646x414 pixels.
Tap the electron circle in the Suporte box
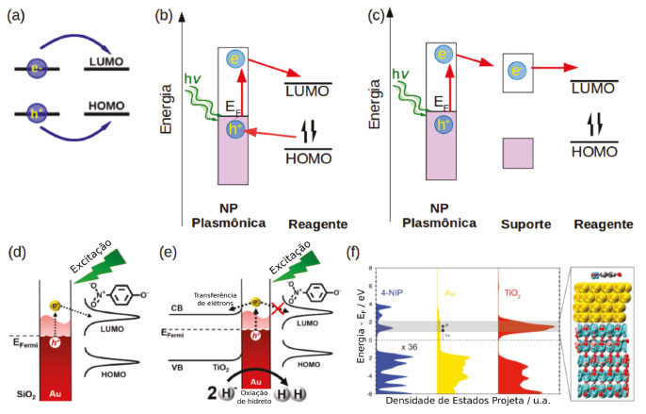516,72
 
